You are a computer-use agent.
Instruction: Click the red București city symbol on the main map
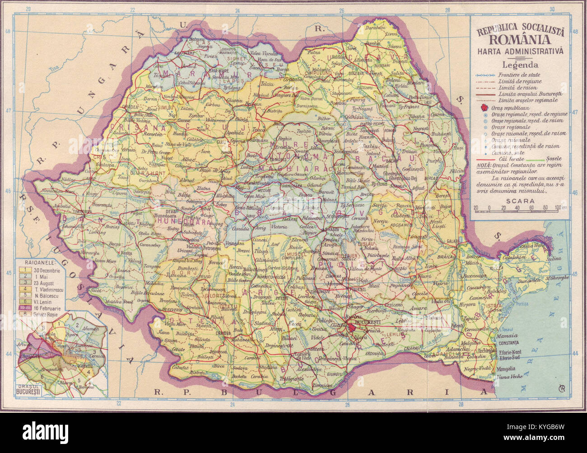pyautogui.click(x=352, y=327)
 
